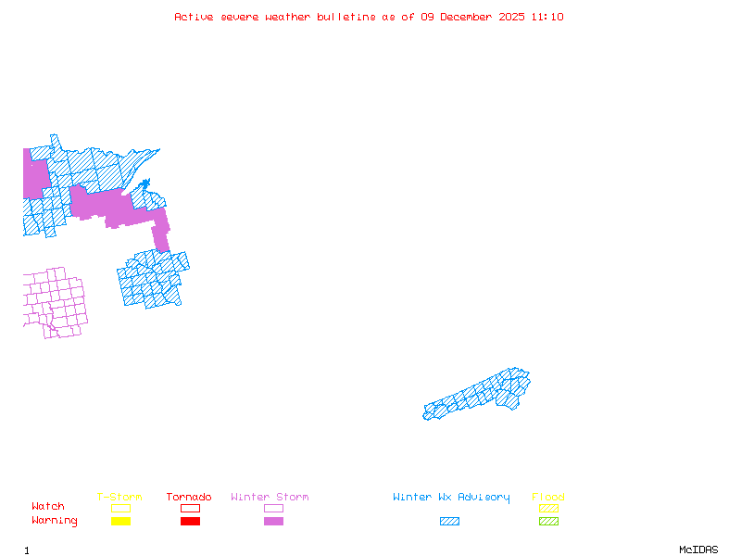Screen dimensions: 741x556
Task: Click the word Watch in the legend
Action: tap(48, 507)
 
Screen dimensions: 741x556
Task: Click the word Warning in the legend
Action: tap(55, 521)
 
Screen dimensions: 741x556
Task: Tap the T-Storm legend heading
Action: tap(119, 498)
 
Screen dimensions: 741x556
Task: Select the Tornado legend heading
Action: tap(189, 498)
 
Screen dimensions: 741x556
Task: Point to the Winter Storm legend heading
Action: tap(270, 498)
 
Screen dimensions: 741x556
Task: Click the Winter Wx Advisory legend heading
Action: tap(451, 498)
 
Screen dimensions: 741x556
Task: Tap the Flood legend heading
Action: tap(548, 498)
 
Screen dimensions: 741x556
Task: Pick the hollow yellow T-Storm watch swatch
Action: tap(120, 508)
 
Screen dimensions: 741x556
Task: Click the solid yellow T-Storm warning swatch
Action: tap(120, 521)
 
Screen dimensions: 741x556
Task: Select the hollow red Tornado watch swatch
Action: tap(190, 508)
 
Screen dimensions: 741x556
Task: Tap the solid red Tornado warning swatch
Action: tap(190, 521)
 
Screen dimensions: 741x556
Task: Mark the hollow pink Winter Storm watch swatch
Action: tap(273, 508)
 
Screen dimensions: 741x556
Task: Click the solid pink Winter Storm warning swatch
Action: tap(273, 521)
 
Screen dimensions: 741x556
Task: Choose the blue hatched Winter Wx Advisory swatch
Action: tap(449, 521)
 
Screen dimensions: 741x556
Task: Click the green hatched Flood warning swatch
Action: tap(548, 521)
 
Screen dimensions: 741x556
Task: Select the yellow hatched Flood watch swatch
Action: tap(548, 508)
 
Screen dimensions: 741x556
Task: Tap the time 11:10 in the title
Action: tap(547, 17)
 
